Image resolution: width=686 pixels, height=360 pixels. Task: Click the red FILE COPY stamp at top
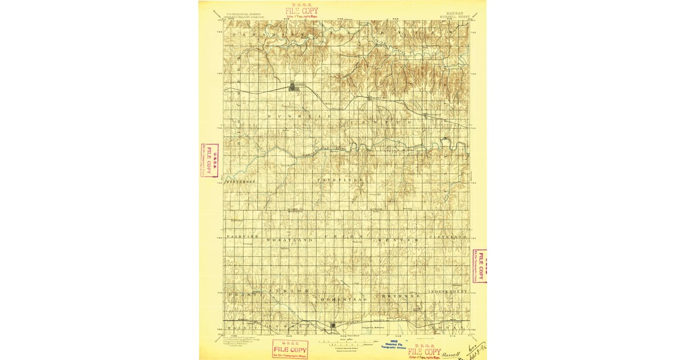pyautogui.click(x=302, y=10)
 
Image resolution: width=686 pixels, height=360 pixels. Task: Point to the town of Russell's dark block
pyautogui.click(x=294, y=86)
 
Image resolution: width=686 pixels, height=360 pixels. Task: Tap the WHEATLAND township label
pyautogui.click(x=289, y=240)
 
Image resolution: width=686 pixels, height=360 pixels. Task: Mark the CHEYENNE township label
pyautogui.click(x=398, y=296)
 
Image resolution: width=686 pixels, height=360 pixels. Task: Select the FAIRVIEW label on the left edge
pyautogui.click(x=242, y=236)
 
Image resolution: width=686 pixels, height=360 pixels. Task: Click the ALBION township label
pyautogui.click(x=289, y=291)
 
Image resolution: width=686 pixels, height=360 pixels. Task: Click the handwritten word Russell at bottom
pyautogui.click(x=450, y=354)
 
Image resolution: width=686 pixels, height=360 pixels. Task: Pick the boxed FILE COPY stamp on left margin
pyautogui.click(x=210, y=159)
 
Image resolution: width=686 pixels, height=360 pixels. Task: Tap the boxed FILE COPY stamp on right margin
pyautogui.click(x=480, y=266)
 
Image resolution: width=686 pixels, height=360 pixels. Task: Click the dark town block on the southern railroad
pyautogui.click(x=334, y=326)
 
